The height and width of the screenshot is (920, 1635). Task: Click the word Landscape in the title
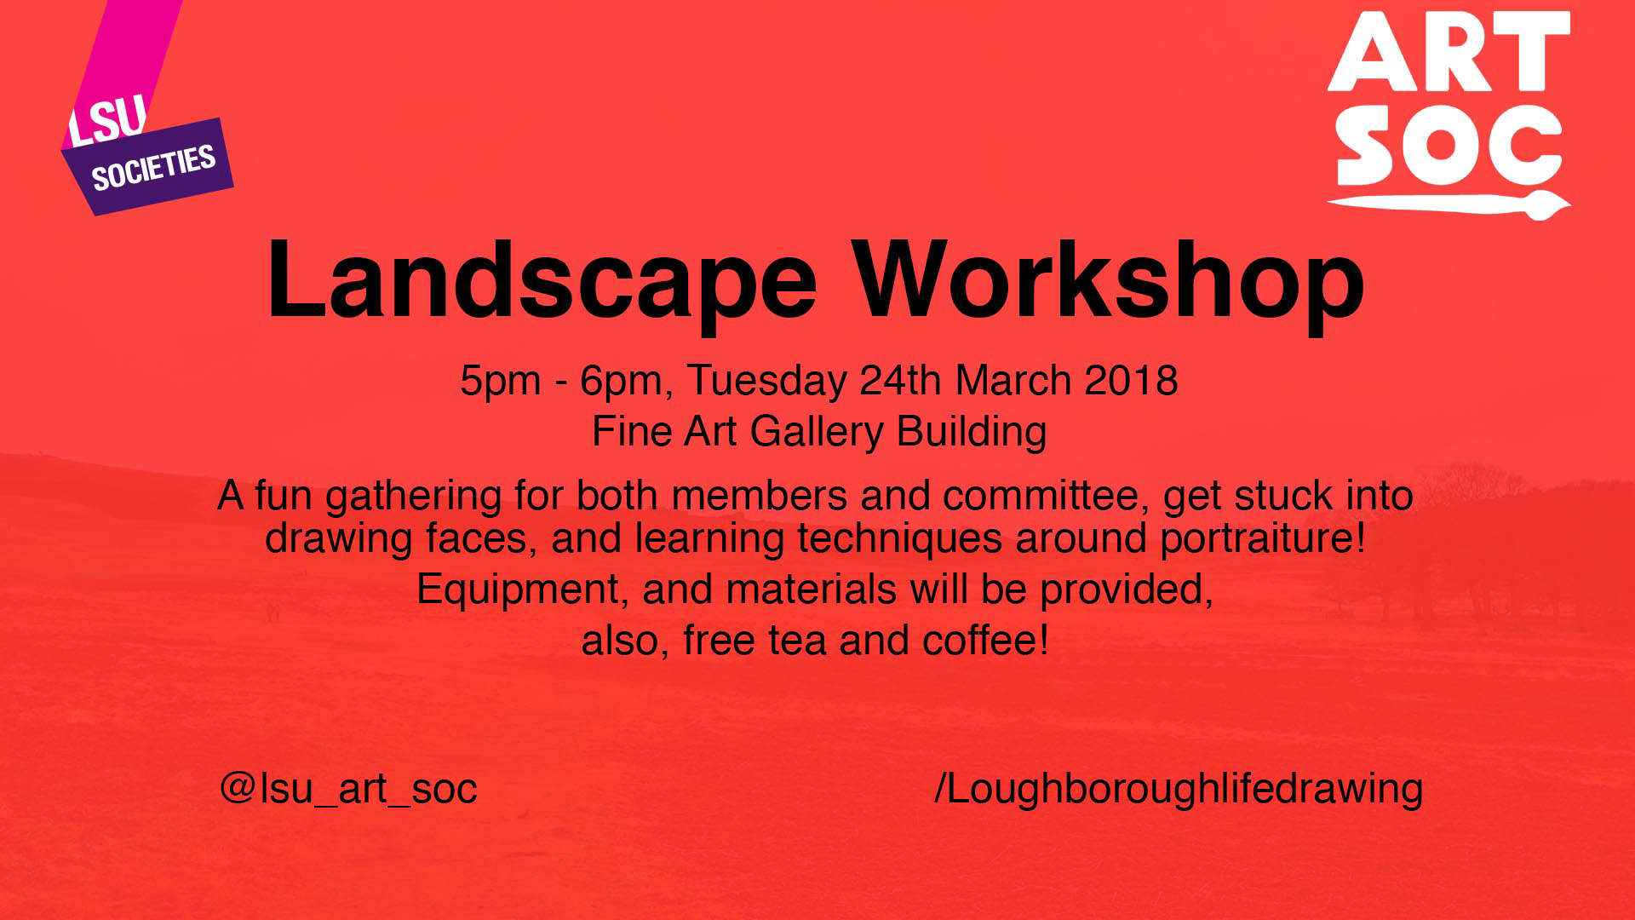(542, 280)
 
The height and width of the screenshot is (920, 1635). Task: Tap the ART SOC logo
(1449, 114)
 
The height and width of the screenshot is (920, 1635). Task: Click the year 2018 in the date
(1131, 380)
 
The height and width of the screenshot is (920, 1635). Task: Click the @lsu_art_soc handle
(348, 789)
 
